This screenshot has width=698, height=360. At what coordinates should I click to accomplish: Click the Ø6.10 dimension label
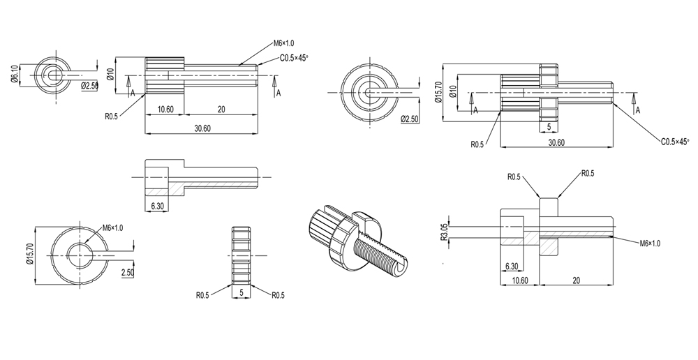pos(14,74)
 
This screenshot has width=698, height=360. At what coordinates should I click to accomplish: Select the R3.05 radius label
pos(444,232)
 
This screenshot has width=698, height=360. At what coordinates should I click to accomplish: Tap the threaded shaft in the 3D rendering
pos(383,250)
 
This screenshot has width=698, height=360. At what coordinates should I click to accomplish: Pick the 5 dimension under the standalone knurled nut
pos(241,294)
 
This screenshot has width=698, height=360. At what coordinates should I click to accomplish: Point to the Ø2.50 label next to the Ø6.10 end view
pos(90,85)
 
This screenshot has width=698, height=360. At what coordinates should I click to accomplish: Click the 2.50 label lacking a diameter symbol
pos(128,272)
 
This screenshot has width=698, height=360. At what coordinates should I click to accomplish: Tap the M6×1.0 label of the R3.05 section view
pos(650,243)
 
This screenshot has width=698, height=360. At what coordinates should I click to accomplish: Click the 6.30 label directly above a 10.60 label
pos(510,266)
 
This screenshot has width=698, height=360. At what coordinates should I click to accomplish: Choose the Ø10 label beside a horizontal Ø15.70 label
pos(454,91)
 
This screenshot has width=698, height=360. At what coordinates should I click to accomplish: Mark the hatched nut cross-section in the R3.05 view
pos(549,245)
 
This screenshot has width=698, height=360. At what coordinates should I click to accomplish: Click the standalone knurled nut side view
pos(241,250)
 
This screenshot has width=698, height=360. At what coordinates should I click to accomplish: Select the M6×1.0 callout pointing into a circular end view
pos(112,227)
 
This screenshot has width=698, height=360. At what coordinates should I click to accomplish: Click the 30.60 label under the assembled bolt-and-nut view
pos(556,142)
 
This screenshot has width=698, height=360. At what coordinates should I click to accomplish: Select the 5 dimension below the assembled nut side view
pos(550,126)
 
